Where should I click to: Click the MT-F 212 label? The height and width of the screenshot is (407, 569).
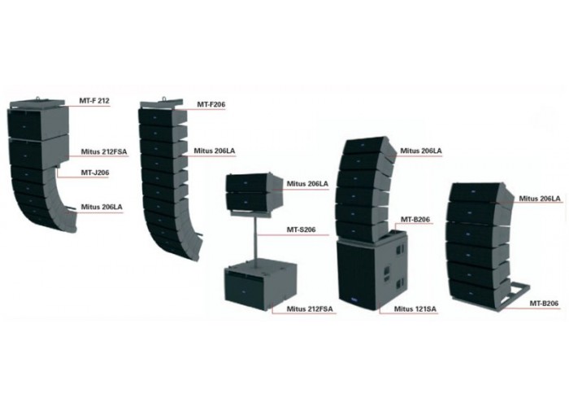[94, 100]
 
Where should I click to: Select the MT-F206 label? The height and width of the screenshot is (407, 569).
[211, 104]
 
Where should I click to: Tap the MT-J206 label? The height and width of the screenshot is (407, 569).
[95, 173]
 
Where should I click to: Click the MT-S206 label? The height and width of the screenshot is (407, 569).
[302, 230]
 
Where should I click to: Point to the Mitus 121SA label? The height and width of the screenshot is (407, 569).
[415, 309]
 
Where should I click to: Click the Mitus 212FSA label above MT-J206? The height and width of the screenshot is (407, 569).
[104, 151]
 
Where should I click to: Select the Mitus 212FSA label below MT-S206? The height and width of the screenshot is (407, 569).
[310, 309]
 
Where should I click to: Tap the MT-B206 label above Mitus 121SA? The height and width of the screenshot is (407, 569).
[415, 220]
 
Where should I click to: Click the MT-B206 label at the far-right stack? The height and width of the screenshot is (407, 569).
[544, 303]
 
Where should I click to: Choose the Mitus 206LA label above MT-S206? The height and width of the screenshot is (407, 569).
[307, 183]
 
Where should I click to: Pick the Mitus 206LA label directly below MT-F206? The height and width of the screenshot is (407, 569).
[214, 151]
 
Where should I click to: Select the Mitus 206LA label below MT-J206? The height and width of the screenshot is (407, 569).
[102, 207]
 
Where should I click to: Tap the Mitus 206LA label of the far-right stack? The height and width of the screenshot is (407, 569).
[540, 199]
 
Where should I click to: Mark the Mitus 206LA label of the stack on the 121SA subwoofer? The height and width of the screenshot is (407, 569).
[421, 151]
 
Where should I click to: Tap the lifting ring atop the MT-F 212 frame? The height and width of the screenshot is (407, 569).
[37, 98]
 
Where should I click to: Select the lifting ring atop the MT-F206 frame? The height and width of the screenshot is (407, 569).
[164, 98]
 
